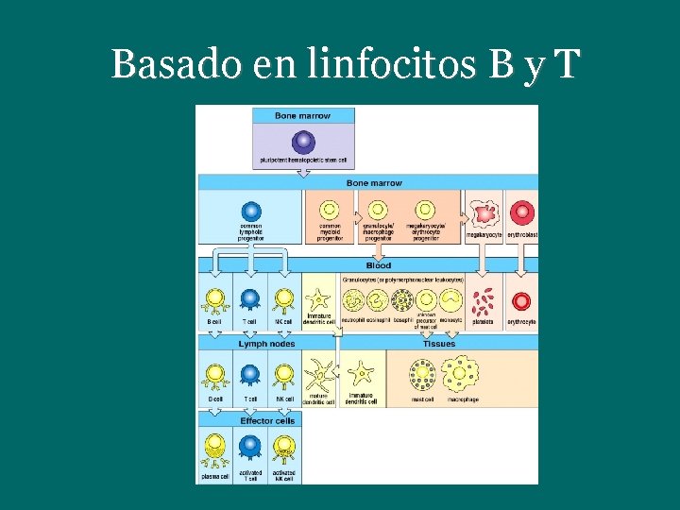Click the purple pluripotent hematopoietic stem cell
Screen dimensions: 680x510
[303, 142]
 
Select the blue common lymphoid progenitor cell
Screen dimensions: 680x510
[251, 212]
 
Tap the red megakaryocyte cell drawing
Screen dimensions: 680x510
[484, 212]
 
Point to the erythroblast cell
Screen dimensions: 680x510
[521, 212]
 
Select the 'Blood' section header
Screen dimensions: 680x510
[378, 265]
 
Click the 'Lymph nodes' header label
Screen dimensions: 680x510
[266, 344]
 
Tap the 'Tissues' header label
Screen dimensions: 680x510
[439, 344]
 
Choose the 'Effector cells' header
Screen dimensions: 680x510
[266, 421]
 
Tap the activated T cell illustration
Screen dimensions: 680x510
[250, 450]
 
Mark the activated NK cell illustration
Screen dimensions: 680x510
[283, 450]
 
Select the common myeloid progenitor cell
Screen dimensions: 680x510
[330, 212]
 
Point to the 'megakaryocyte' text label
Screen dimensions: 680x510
[484, 235]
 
